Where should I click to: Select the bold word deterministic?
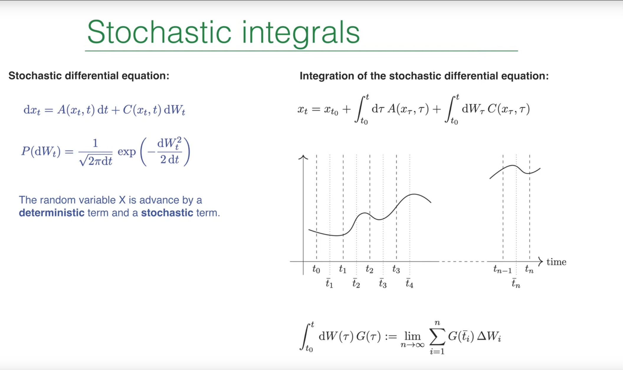(x=52, y=213)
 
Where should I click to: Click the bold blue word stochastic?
(x=167, y=213)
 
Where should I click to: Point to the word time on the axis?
(x=556, y=262)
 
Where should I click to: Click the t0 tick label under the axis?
(x=316, y=269)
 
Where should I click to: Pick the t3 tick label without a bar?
(x=396, y=269)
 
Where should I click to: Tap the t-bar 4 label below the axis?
(x=409, y=283)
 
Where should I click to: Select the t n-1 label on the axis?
(x=502, y=269)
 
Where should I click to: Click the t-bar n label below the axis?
(x=516, y=283)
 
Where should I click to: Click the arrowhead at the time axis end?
(x=540, y=261)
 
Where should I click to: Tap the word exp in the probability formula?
(x=127, y=152)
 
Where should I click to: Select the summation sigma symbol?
(x=437, y=336)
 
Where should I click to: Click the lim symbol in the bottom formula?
(x=412, y=336)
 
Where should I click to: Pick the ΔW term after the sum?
(x=489, y=336)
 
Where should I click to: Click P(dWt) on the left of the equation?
(x=41, y=152)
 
